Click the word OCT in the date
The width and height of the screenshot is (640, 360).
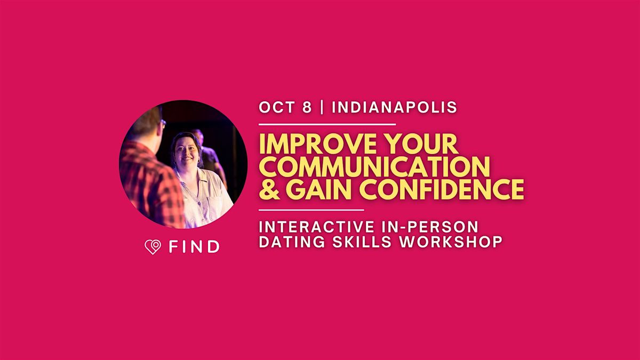(277, 107)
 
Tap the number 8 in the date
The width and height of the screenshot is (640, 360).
(307, 107)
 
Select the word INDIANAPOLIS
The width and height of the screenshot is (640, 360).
(395, 107)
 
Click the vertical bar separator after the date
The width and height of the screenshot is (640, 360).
(322, 107)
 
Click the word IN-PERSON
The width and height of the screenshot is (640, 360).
(430, 227)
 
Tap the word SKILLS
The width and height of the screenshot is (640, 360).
(362, 242)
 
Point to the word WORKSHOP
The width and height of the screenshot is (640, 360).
(451, 242)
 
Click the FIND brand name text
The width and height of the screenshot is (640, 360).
(194, 246)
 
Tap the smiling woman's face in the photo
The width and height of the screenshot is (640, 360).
(186, 153)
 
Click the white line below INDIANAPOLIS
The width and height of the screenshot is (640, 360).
(327, 125)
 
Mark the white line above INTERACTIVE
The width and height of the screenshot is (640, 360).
(311, 210)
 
